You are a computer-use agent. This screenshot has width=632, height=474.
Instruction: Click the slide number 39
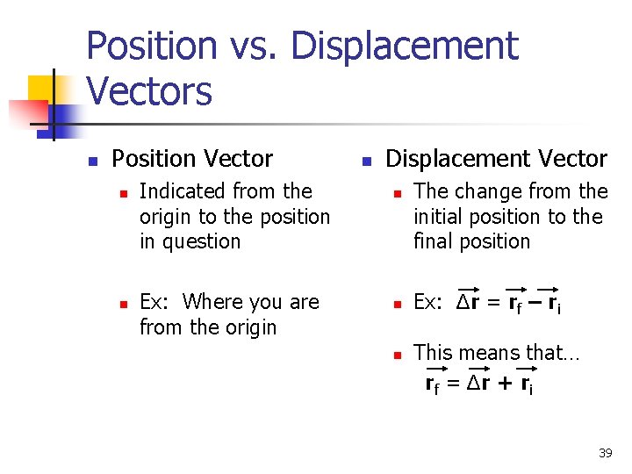[605, 453]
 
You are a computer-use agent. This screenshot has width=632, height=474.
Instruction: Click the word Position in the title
[152, 47]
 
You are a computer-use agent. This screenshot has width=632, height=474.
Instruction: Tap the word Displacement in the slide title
[405, 47]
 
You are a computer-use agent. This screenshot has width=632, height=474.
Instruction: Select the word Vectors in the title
[149, 91]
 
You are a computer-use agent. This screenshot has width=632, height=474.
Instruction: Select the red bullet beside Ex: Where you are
[124, 304]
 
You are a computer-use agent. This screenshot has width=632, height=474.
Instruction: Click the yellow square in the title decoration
[42, 89]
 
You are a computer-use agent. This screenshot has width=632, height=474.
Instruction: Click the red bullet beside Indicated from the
[124, 192]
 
